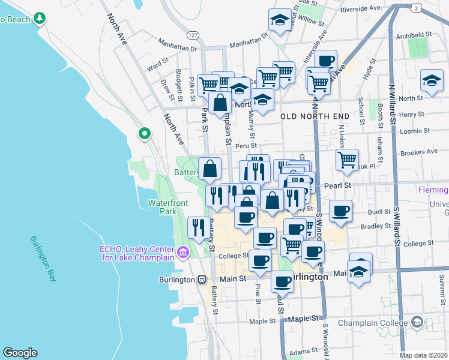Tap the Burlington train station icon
click(202, 280)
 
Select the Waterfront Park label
click(162, 207)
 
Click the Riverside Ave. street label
click(361, 9)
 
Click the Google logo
click(20, 353)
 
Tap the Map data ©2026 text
click(423, 355)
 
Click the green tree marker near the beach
click(40, 18)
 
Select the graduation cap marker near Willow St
click(280, 21)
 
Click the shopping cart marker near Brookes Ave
click(347, 159)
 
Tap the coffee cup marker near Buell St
click(340, 211)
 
